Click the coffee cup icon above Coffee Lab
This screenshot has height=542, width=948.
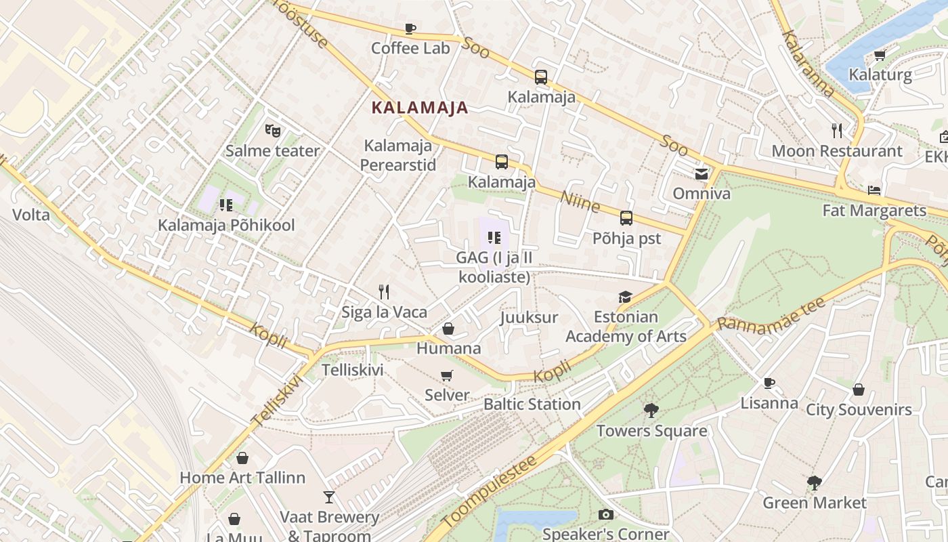[410, 28]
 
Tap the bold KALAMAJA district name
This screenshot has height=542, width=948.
[420, 107]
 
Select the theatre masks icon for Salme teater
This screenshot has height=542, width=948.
[272, 130]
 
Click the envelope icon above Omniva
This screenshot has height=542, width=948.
[701, 174]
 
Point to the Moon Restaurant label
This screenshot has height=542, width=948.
[837, 151]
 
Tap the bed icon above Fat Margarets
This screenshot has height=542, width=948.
[874, 190]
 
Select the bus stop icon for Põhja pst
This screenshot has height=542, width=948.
[626, 218]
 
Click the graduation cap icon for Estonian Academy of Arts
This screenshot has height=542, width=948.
[625, 297]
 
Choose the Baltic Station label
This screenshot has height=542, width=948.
[532, 404]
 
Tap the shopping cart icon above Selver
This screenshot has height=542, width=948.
[446, 375]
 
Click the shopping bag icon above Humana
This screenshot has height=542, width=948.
[448, 329]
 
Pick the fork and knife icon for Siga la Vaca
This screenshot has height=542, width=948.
[384, 292]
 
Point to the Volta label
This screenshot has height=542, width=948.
[31, 215]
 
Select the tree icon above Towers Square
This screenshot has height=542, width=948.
[651, 411]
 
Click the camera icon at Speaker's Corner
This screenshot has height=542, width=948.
[606, 515]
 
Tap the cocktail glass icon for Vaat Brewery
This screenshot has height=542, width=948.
[329, 497]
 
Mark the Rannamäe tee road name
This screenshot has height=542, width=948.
[772, 314]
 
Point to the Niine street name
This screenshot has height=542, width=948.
[580, 201]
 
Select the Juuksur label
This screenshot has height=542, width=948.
[529, 317]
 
